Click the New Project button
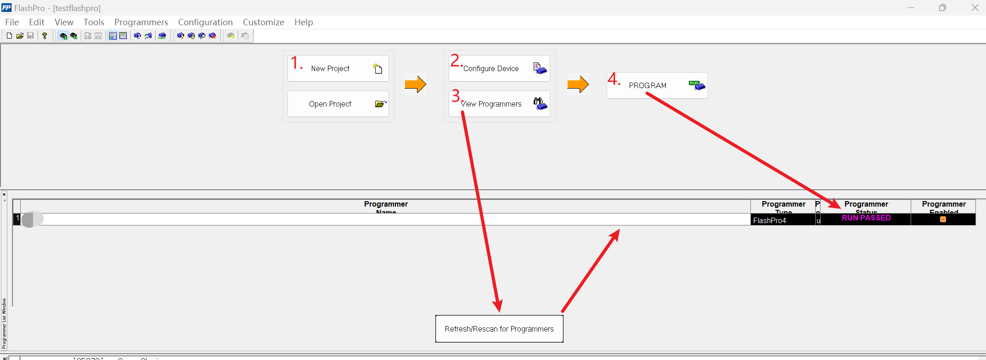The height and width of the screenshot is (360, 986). pos(338,68)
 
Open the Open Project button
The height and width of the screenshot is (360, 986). pos(338,104)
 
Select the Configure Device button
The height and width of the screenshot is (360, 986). pos(499,68)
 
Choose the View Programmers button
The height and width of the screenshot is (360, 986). pos(499,104)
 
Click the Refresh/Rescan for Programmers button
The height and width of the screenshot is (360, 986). pos(499,329)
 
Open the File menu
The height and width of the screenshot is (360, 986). pos(12,22)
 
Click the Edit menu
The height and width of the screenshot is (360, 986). pos(37,22)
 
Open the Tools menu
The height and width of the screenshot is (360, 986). pos(94,22)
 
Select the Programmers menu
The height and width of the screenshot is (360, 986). pos(141,22)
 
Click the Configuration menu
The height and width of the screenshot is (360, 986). pos(205,22)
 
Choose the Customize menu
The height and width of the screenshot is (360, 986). pos(263,22)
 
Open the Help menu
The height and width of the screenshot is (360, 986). pos(304,22)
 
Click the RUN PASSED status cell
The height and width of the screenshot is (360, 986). pos(866,218)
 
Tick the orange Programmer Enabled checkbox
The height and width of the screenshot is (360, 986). pos(943,219)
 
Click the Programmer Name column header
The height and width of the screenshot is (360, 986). pos(386,206)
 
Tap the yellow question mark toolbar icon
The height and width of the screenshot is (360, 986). pos(45,36)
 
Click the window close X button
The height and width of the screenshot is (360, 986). pos(975,8)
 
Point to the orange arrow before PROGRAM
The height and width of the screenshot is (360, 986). pos(578,84)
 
